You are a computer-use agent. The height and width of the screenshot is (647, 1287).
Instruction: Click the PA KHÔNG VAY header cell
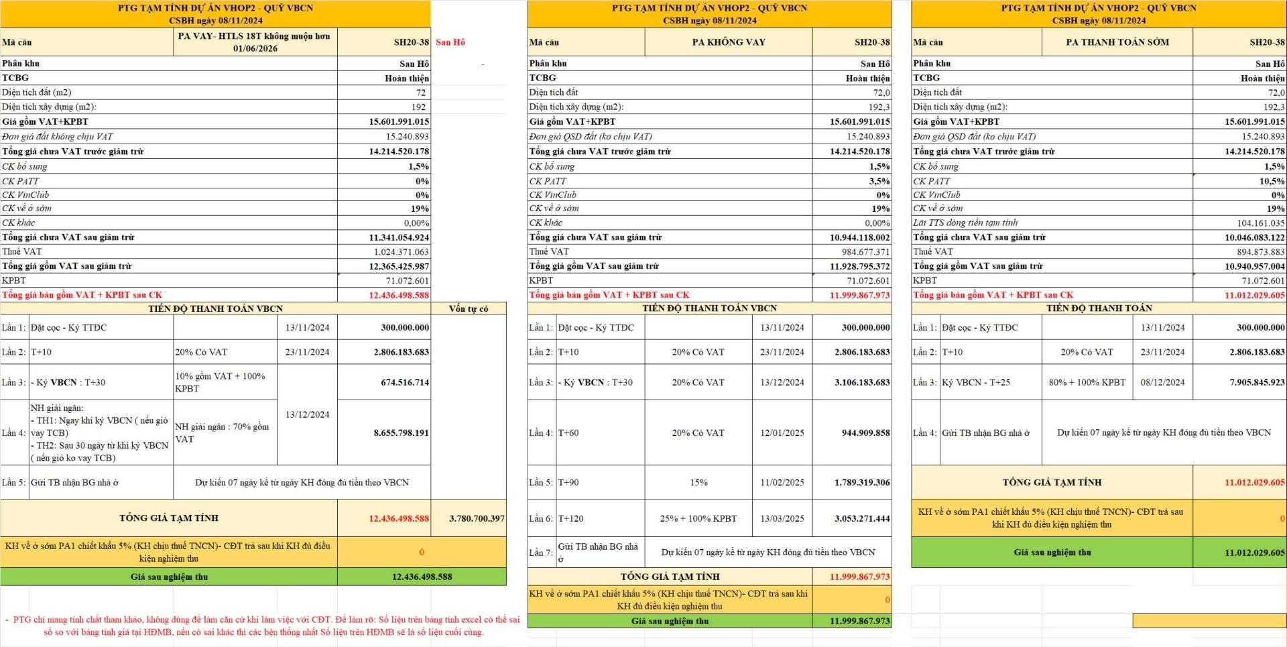(x=728, y=42)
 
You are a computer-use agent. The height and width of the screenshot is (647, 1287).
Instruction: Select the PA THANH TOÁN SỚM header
(x=1117, y=42)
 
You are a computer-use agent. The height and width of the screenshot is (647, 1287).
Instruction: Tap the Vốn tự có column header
(x=468, y=308)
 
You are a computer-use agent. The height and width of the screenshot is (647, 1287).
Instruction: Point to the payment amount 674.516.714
(x=401, y=382)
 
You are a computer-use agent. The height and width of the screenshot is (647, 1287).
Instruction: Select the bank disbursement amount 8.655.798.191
(x=401, y=432)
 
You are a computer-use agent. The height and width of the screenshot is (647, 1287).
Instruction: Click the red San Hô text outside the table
(x=450, y=42)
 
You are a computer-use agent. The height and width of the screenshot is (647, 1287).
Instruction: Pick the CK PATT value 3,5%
(x=879, y=181)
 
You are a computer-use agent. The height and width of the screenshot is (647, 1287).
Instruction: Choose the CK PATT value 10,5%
(x=1272, y=181)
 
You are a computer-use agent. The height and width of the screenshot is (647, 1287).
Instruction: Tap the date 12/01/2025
(x=782, y=432)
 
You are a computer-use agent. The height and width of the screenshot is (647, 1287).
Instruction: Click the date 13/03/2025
(x=782, y=518)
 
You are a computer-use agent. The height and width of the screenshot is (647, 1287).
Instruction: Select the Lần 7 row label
(x=541, y=552)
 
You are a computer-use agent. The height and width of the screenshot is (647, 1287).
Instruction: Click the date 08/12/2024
(x=1162, y=382)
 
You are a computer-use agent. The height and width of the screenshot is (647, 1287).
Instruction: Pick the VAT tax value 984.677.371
(x=860, y=251)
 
